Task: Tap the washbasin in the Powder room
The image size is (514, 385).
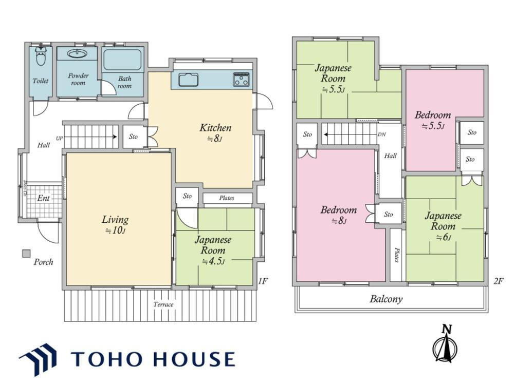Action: tap(77, 53)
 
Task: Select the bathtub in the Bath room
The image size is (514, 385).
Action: tap(122, 60)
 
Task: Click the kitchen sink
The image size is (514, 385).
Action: tap(189, 80)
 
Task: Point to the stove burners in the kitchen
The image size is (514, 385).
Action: tap(241, 79)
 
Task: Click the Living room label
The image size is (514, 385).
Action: tap(115, 225)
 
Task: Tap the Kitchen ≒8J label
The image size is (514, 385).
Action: tap(215, 132)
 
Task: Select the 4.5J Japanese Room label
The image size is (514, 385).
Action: tap(213, 251)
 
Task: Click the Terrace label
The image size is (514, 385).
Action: tap(163, 304)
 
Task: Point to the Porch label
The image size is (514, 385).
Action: tap(43, 262)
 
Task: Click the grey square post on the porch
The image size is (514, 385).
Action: tap(26, 254)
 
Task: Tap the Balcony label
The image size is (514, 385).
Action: tap(386, 299)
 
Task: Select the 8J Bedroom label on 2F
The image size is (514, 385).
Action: tap(339, 215)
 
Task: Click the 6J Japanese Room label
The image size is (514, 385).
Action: tap(443, 226)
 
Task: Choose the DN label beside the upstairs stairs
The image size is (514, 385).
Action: tap(381, 134)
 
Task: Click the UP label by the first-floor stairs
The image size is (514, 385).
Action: tap(59, 138)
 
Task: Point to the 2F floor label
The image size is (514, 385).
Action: tap(498, 281)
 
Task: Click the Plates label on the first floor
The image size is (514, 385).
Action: tap(227, 198)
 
